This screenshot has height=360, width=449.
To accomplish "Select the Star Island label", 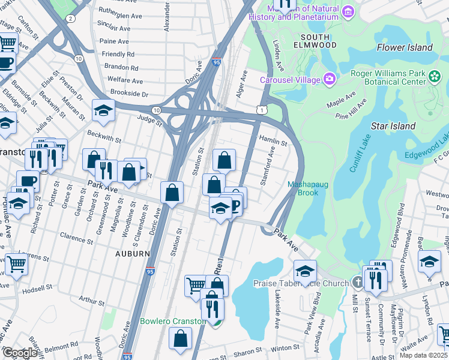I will (x=393, y=126).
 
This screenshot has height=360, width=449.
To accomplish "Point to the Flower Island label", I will (x=405, y=47).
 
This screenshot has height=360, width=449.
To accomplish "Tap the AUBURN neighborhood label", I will (x=132, y=254).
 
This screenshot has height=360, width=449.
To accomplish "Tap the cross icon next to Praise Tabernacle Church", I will (x=357, y=282).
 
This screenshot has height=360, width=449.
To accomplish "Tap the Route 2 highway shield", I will (x=71, y=19).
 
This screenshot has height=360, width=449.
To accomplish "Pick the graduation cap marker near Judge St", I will (x=103, y=110).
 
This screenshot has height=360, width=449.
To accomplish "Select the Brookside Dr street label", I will (x=125, y=94).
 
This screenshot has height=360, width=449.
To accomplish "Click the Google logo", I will (x=19, y=353).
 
